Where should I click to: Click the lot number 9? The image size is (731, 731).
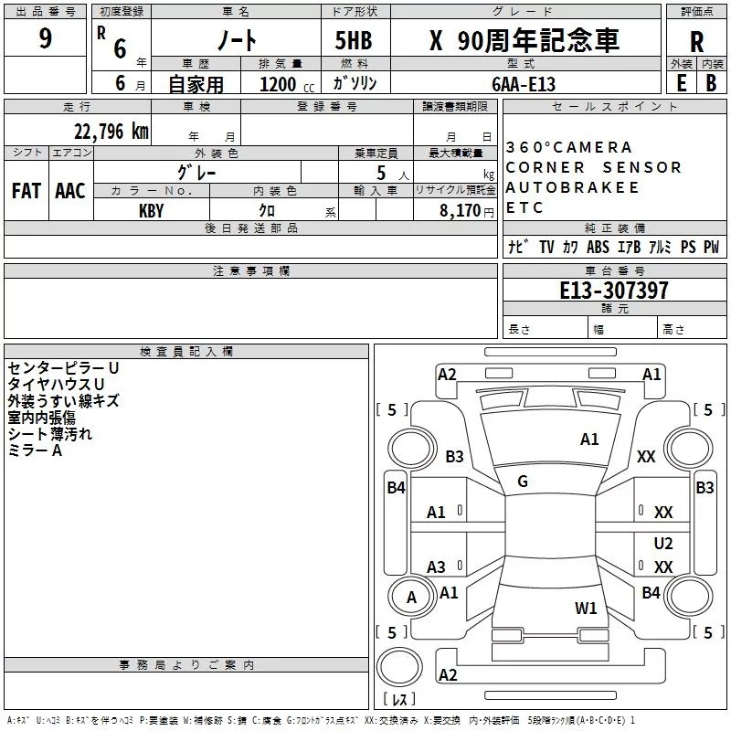[45, 37]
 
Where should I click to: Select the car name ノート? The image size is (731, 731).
[237, 40]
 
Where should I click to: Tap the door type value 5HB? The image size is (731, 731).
[354, 40]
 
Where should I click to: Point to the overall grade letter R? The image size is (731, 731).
[696, 42]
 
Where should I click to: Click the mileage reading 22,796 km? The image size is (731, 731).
[111, 132]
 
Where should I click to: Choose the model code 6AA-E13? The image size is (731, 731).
[524, 84]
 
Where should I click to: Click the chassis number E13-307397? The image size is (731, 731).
[614, 290]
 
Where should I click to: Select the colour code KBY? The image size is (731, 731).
[152, 211]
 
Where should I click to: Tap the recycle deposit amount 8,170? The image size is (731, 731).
[461, 210]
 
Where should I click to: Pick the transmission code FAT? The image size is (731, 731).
[26, 191]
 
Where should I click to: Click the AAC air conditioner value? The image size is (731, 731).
[70, 191]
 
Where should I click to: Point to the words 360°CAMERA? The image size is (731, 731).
[568, 147]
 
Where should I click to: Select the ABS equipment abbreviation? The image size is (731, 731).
[598, 247]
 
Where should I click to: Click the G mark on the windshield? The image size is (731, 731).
[523, 482]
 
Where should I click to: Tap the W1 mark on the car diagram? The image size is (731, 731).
[586, 608]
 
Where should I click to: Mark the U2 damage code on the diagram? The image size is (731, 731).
[663, 543]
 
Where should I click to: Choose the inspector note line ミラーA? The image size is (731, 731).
[35, 450]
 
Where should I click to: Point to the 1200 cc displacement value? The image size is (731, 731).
[287, 84]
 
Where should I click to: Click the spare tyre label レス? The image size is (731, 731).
[399, 699]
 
